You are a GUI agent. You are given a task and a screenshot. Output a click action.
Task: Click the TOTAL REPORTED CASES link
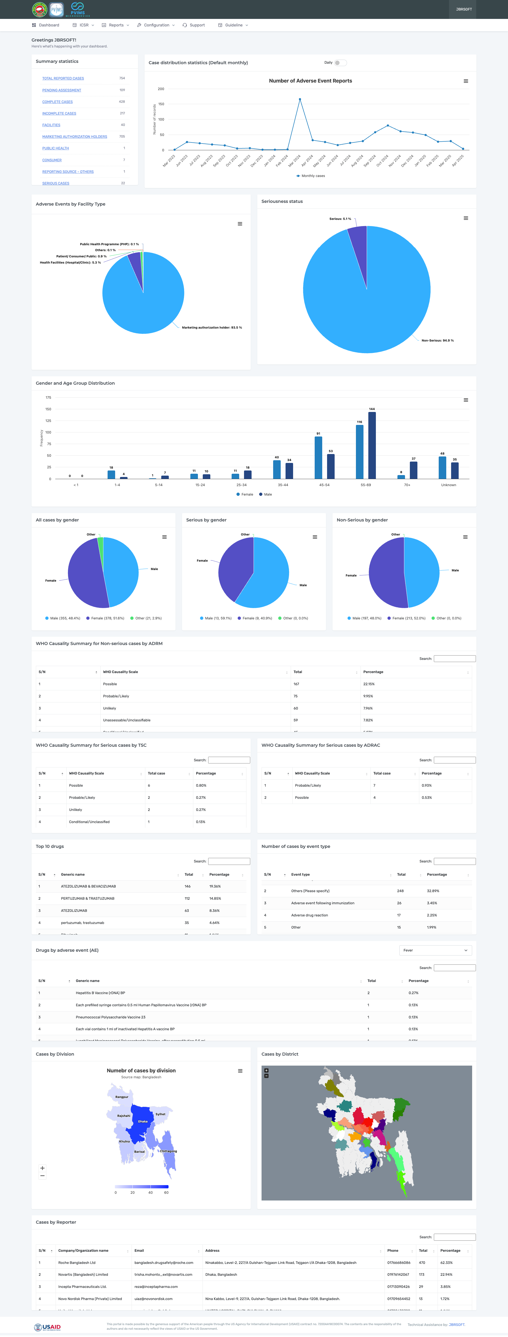pos(63,79)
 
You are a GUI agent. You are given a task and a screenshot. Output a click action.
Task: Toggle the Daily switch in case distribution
pos(340,63)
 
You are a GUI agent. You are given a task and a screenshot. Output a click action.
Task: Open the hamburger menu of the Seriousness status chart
pos(465,218)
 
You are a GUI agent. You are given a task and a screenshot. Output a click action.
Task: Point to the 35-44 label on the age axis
pos(283,485)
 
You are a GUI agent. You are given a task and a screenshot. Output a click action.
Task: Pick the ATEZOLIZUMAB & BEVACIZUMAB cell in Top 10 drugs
pos(88,886)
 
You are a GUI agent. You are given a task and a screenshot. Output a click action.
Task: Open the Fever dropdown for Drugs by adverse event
pos(435,950)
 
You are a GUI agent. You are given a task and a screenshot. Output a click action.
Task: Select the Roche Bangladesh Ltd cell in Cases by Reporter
pos(77,1263)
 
